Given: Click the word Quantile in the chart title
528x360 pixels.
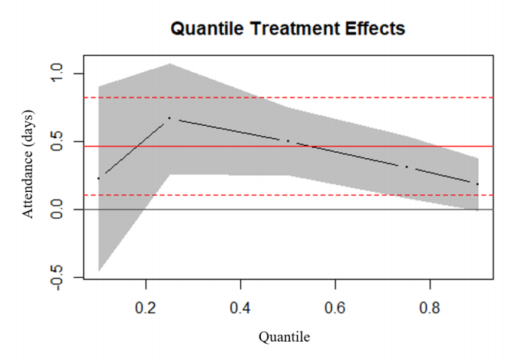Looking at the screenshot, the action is click(x=206, y=28).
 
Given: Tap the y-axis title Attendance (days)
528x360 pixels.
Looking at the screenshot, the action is click(x=28, y=164).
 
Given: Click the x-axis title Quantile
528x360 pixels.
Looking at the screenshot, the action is click(x=284, y=337).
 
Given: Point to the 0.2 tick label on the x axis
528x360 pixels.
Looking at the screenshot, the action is click(x=146, y=308).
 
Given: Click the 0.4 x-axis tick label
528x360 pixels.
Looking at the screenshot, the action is click(x=240, y=308).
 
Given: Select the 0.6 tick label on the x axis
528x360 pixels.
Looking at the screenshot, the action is click(x=335, y=308).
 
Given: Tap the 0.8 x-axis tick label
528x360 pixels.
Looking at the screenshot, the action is click(x=430, y=308).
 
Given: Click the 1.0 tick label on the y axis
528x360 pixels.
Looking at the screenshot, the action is click(x=57, y=72).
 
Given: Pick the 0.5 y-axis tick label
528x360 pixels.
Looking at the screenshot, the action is click(x=57, y=141).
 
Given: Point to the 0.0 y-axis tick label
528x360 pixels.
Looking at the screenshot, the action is click(x=57, y=209).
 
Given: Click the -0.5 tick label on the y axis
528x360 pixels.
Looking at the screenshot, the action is click(x=57, y=278).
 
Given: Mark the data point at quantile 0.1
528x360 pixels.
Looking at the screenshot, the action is click(x=98, y=178).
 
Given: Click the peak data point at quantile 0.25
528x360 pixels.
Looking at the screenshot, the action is click(x=170, y=118).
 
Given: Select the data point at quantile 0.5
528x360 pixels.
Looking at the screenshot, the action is click(x=288, y=140).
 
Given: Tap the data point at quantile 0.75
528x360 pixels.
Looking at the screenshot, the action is click(x=407, y=167).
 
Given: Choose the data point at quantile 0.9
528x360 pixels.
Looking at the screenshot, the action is click(x=477, y=184).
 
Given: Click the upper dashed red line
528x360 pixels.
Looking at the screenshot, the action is click(x=289, y=97).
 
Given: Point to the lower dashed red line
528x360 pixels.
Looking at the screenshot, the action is click(x=289, y=195).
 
